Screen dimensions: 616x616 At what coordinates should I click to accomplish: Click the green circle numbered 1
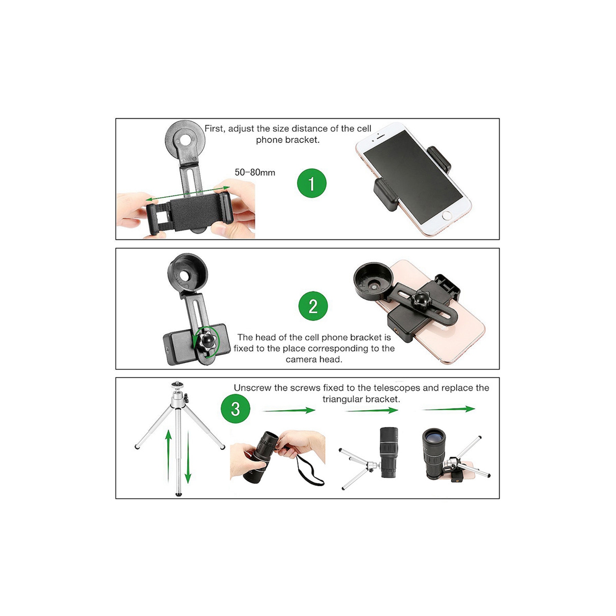tap(311, 183)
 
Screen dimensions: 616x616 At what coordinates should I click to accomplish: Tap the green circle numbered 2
tap(313, 306)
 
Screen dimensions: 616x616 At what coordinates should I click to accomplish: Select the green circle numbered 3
tap(235, 409)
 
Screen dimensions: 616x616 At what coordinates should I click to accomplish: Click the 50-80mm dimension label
tap(255, 172)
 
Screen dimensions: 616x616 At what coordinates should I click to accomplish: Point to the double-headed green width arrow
tap(188, 194)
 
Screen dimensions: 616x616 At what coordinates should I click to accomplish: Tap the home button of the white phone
tap(447, 216)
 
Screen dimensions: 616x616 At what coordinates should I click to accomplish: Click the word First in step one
tap(214, 129)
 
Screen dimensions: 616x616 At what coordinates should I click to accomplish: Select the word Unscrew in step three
tap(251, 388)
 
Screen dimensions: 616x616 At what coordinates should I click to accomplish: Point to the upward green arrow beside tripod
tap(168, 454)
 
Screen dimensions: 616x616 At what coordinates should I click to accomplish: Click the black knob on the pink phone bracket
tap(421, 298)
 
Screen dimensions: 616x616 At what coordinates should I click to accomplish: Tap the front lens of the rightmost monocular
tap(434, 437)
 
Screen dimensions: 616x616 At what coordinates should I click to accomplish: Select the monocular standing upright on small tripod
tap(388, 452)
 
